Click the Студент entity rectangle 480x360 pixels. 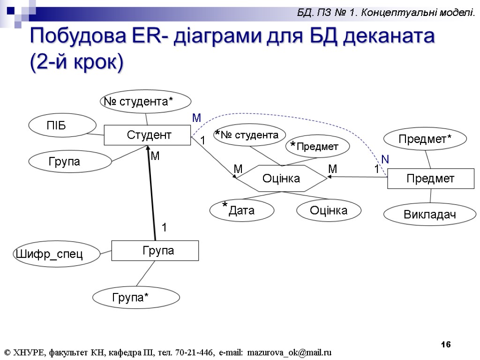click(147, 135)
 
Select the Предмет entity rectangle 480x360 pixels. click(430, 179)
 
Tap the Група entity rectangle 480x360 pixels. click(155, 251)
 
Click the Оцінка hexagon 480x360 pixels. click(281, 179)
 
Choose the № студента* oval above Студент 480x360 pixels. click(146, 101)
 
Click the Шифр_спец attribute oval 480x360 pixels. click(56, 255)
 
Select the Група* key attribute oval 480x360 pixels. click(136, 297)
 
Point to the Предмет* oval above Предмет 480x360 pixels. click(425, 139)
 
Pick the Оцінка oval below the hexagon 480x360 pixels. click(329, 210)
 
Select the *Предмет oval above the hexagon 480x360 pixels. click(317, 146)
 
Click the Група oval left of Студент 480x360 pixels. click(70, 162)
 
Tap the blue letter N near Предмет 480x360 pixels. click(385, 160)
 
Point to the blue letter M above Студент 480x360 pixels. click(197, 118)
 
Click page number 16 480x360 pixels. click(446, 345)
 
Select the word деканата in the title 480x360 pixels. click(389, 37)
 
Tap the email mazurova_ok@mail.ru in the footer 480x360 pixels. click(289, 352)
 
